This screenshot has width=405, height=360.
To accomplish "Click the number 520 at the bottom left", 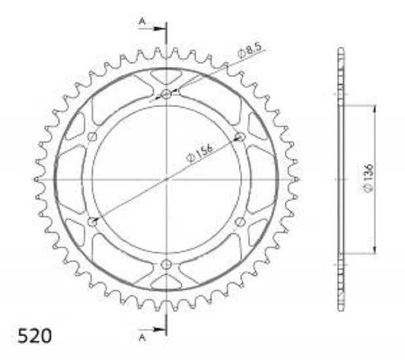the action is click(35, 336).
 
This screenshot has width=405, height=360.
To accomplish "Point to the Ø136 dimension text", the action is click(368, 178).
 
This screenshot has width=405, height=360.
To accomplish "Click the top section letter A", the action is click(142, 22).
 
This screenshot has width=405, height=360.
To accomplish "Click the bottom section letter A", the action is click(142, 337).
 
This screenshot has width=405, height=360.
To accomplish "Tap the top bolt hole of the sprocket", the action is click(166, 94).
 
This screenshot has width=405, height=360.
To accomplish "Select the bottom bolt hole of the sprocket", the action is click(166, 264).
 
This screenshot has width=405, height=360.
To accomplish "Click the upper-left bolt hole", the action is click(92, 137).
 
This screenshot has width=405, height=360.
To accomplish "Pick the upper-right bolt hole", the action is click(241, 137).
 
